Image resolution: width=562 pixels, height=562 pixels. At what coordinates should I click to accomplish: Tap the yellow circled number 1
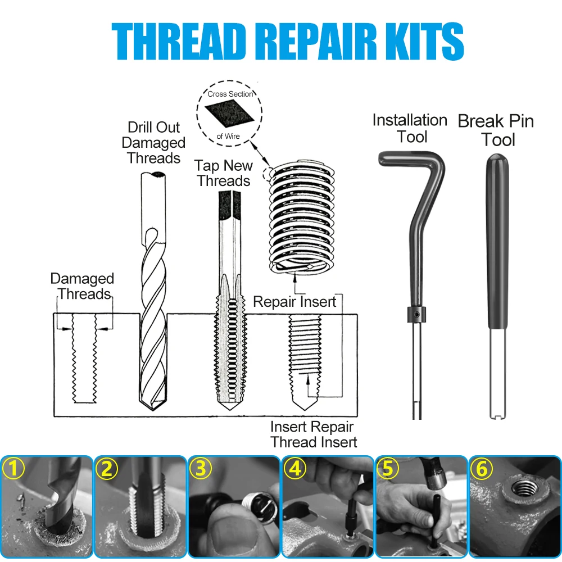point(13,469)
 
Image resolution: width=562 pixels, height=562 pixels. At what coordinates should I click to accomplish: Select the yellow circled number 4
point(294,469)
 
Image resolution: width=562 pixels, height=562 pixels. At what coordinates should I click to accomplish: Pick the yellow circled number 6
point(482,469)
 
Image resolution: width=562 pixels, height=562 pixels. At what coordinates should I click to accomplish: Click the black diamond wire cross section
point(229,114)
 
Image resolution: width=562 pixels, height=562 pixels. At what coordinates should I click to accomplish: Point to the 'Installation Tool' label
point(410,128)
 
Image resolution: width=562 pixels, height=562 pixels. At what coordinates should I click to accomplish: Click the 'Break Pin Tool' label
point(496,130)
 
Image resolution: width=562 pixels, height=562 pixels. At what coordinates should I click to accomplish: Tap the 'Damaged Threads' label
point(83,286)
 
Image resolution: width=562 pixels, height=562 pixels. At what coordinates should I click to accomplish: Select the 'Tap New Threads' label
point(224,173)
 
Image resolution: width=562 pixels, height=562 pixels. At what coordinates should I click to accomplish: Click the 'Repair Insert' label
point(294,302)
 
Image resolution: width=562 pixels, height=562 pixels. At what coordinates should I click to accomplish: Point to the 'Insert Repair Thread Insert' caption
point(314,434)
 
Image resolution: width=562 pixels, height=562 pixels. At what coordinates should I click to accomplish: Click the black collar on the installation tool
point(416,314)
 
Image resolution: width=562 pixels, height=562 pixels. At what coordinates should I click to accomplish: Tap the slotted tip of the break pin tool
point(498,416)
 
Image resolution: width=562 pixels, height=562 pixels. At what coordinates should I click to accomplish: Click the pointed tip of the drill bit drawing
point(153,409)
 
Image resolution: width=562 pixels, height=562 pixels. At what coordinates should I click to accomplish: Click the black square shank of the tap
point(229,205)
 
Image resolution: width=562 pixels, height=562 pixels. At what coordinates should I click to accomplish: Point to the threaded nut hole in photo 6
point(524,488)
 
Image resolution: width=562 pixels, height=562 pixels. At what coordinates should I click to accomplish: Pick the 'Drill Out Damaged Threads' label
point(153,143)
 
